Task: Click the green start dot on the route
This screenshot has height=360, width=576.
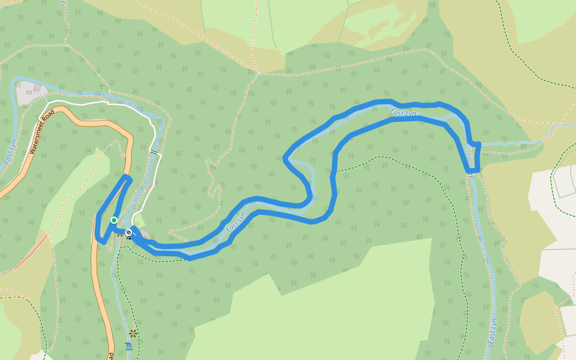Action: tap(113, 220)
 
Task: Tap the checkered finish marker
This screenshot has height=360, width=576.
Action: tap(128, 232)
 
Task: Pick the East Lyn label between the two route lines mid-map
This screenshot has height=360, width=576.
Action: tap(237, 221)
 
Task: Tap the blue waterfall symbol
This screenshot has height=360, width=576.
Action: tap(127, 346)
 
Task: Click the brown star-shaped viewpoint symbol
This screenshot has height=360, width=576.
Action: tap(133, 332)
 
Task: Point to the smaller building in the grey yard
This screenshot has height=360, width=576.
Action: tap(38, 88)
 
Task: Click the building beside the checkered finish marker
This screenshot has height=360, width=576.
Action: tap(144, 235)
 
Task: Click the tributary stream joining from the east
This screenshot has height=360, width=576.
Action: tap(516, 143)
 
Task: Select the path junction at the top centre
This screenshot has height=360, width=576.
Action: tap(259, 74)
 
